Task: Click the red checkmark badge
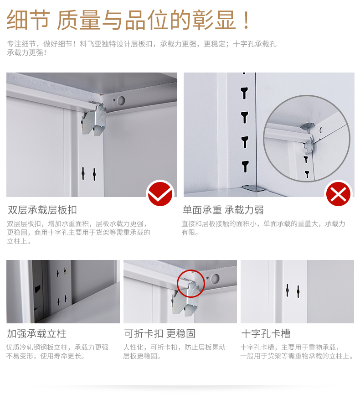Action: click(160, 194)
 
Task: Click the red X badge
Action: click(338, 194)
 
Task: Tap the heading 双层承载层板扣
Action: click(42, 210)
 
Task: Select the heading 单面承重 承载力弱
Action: click(223, 210)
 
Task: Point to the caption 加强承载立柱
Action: click(36, 334)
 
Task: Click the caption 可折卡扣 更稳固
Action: click(159, 334)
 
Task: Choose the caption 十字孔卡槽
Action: click(266, 334)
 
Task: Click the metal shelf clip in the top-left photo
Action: click(94, 119)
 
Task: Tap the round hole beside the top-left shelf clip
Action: click(121, 100)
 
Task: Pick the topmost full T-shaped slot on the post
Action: click(244, 93)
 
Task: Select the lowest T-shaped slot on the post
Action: click(245, 166)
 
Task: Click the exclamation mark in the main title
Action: click(246, 20)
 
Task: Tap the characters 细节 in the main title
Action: click(28, 20)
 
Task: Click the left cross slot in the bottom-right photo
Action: click(288, 290)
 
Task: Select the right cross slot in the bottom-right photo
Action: click(298, 291)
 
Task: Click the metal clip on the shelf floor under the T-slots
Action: click(252, 188)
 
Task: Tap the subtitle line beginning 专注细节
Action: click(142, 44)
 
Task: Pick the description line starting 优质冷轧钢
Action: click(57, 347)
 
